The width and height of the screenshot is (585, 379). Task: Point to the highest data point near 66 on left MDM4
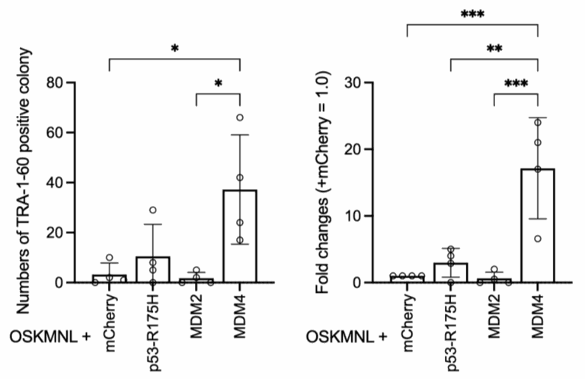coord(239,117)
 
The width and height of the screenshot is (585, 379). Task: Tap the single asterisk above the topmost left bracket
coord(175,48)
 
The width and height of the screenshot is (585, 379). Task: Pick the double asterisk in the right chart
coord(494,47)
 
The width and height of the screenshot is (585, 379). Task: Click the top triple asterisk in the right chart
coord(472,14)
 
